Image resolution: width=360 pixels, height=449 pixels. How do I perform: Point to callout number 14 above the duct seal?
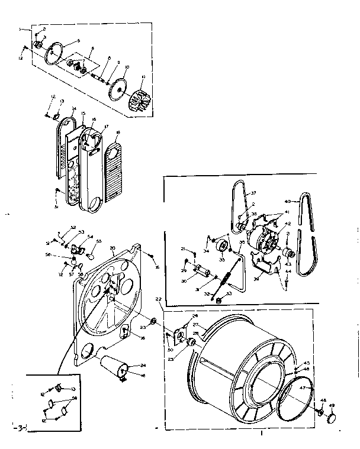73,109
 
